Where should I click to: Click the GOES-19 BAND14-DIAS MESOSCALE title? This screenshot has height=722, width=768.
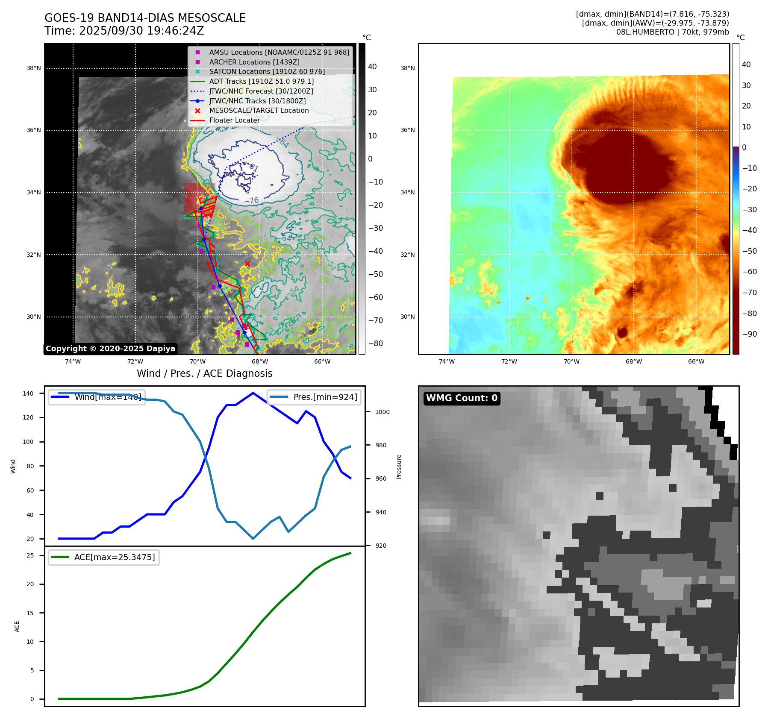[145, 18]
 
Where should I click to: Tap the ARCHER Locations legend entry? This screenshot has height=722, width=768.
[254, 62]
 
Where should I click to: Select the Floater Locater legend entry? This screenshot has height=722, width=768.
[234, 120]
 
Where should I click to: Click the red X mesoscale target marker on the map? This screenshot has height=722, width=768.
[247, 264]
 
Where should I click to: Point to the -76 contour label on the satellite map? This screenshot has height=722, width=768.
[251, 200]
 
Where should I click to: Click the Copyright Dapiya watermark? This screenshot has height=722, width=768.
[110, 349]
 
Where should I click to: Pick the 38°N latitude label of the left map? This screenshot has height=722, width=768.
[34, 68]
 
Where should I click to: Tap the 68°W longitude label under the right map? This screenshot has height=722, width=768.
[633, 361]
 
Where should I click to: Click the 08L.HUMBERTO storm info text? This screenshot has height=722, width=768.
[672, 32]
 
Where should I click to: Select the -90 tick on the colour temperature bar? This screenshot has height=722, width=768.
[749, 334]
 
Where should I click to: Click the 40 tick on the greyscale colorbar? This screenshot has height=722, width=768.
[372, 67]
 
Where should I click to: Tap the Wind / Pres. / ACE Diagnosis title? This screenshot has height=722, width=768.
[204, 373]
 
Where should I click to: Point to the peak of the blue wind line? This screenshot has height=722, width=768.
[253, 393]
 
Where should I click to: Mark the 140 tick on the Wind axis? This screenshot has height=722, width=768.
[28, 393]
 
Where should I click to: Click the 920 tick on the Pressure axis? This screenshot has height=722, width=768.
[380, 546]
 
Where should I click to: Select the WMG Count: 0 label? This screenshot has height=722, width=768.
[462, 398]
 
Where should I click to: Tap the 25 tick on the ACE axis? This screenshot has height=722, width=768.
[30, 555]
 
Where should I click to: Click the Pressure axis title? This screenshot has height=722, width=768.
[399, 467]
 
